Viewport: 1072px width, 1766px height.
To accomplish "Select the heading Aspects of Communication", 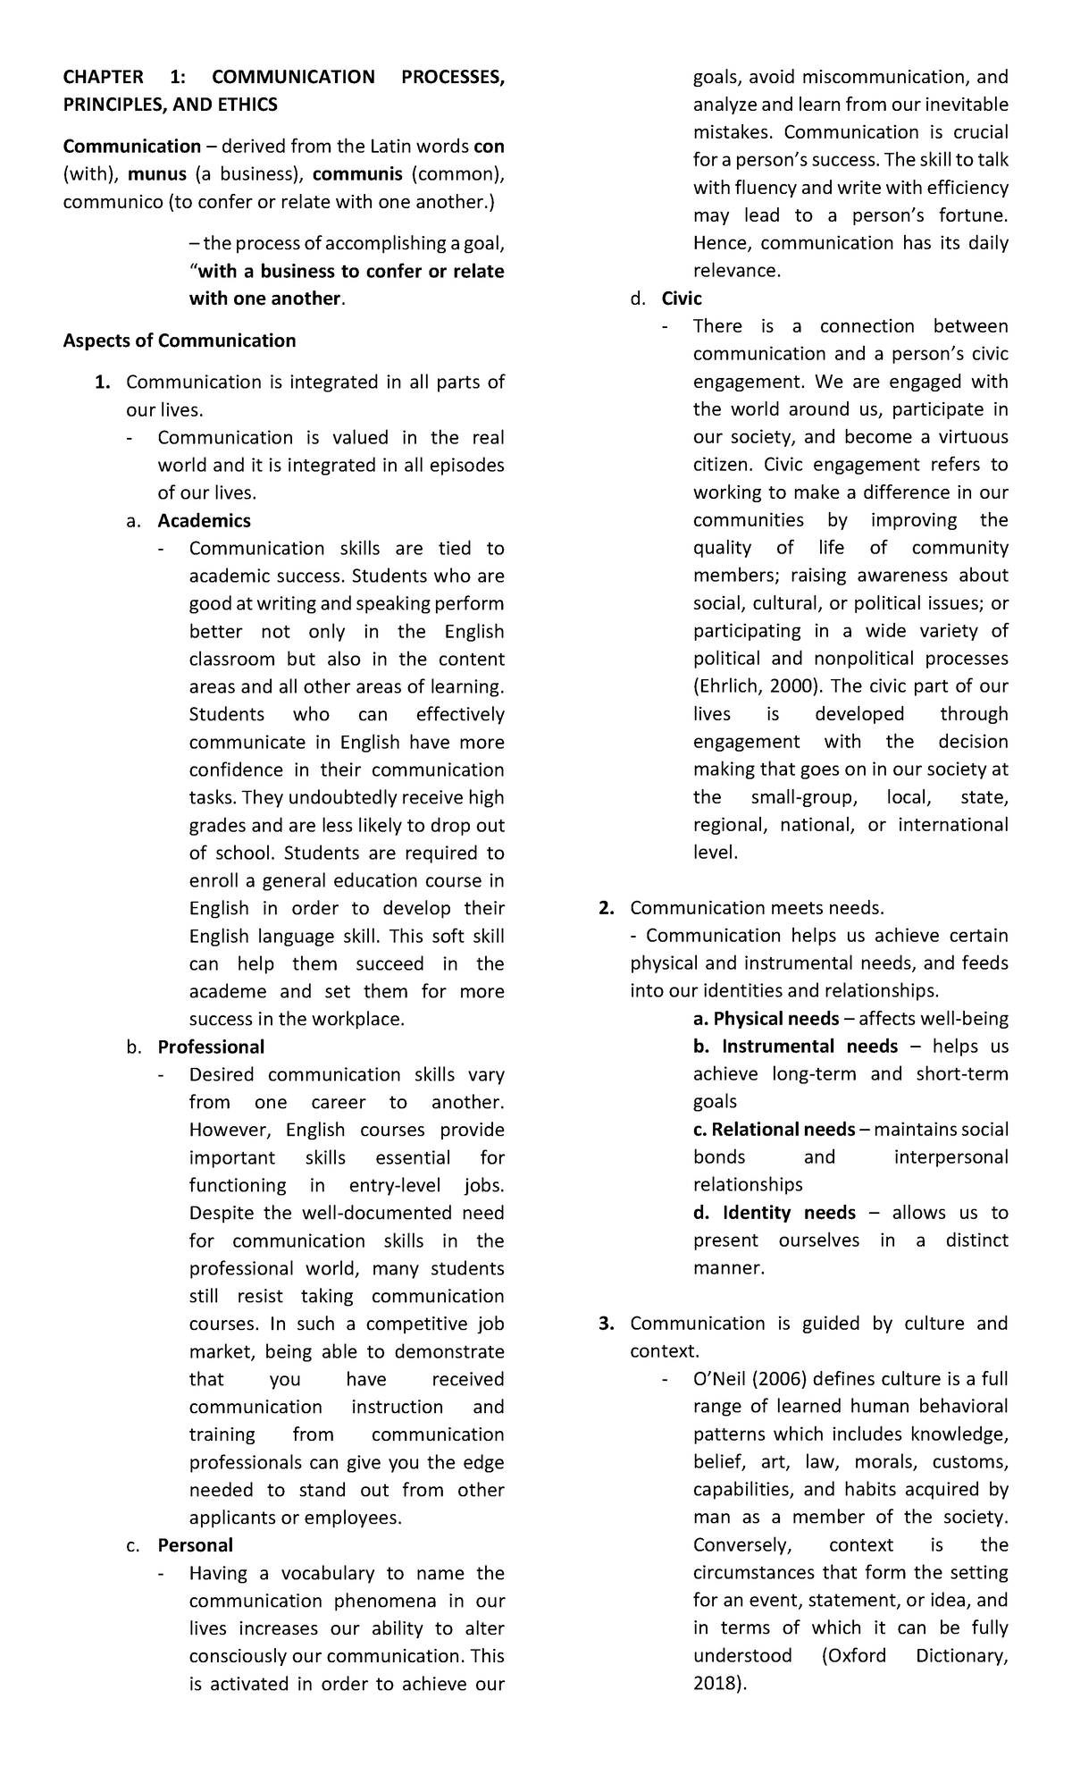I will point(179,341).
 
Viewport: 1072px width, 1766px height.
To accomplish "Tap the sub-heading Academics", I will point(204,521).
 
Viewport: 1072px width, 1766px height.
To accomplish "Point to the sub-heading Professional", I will point(211,1047).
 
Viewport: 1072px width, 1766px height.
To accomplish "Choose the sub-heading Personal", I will point(195,1545).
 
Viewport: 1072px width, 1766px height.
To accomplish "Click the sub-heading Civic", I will point(682,299).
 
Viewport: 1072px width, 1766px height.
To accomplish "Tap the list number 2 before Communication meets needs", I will point(606,908).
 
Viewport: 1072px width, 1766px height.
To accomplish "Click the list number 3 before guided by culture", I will point(606,1324).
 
